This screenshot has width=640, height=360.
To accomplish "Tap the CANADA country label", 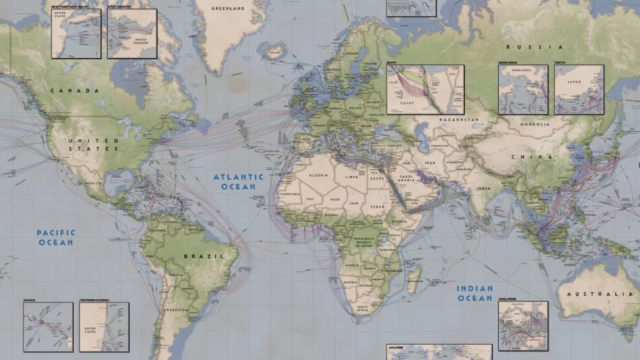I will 75,91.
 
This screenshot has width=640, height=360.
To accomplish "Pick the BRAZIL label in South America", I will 204,257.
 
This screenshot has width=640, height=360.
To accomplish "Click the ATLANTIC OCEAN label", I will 238,181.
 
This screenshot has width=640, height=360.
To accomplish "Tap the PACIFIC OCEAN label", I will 56,238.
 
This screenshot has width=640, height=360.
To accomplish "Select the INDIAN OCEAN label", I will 475,293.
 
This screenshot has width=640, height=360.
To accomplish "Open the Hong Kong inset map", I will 522,89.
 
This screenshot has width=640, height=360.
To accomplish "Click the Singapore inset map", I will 522,325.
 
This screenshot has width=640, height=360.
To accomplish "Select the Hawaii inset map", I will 48,326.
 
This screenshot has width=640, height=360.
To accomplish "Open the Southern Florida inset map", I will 103,327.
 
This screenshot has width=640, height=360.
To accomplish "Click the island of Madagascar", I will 413,278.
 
